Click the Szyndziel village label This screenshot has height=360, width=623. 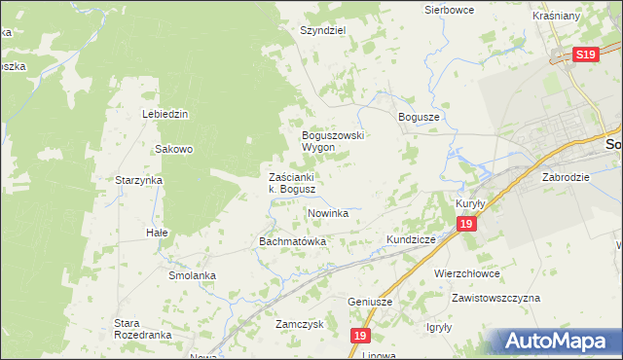[x=323, y=30]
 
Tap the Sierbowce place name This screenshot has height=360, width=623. [x=449, y=9]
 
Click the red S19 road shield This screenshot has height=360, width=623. [x=585, y=55]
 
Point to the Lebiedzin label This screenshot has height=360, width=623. [x=165, y=114]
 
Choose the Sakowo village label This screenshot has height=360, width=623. [x=174, y=149]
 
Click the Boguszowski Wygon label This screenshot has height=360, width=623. [x=332, y=141]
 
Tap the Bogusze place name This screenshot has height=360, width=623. [x=420, y=116]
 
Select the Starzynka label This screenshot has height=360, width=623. [x=138, y=180]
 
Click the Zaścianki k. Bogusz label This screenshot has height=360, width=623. [x=291, y=183]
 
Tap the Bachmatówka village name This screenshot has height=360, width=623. [x=291, y=240]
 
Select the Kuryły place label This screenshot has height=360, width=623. [x=470, y=202]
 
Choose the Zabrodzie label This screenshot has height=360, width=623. [x=566, y=178]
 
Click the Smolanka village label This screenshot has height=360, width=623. [x=191, y=275]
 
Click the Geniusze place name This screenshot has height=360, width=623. [x=370, y=302]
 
